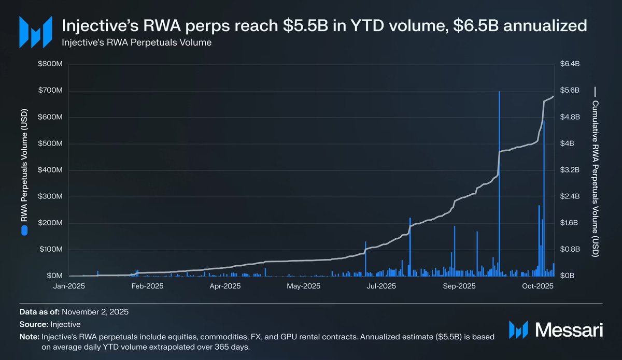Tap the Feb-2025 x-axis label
tap(147, 286)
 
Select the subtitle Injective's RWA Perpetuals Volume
tap(137, 42)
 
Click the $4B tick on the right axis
tap(567, 143)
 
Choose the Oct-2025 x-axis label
tap(538, 286)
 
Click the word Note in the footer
tap(29, 337)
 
